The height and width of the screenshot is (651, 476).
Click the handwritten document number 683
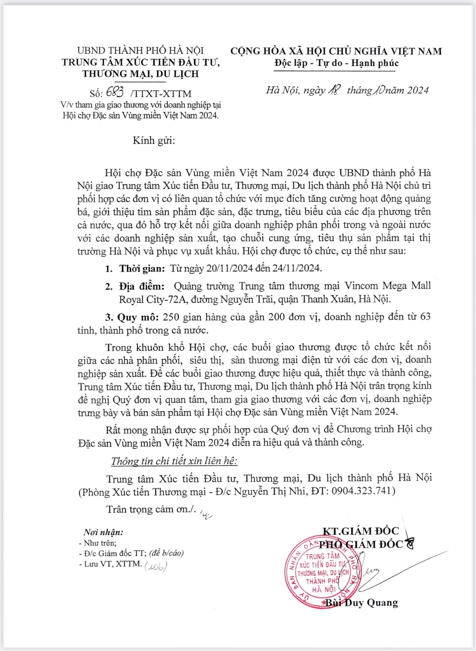[x=115, y=92]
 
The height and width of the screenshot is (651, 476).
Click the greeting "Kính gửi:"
[x=153, y=141]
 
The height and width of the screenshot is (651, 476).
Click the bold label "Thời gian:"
[x=142, y=268]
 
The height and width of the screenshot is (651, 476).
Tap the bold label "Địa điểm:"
[x=142, y=286]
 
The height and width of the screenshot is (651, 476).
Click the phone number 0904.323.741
[x=361, y=491]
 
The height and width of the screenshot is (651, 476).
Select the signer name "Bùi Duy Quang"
[x=362, y=603]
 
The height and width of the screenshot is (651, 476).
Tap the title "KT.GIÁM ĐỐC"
[x=360, y=531]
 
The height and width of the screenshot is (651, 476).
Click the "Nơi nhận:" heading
[x=103, y=532]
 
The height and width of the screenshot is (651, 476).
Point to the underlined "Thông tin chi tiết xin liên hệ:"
[x=174, y=461]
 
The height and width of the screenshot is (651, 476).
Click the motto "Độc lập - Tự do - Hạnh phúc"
[x=336, y=63]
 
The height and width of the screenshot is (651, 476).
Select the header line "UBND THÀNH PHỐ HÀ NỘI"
[x=141, y=50]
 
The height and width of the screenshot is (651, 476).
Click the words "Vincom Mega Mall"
[x=387, y=286]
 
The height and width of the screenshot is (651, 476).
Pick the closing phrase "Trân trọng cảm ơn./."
[x=151, y=509]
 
